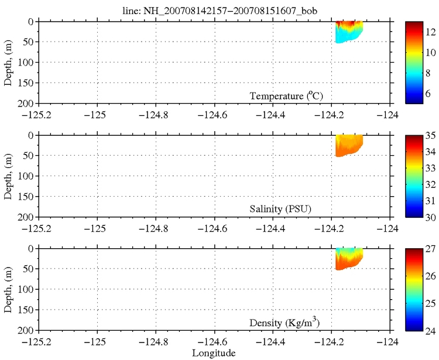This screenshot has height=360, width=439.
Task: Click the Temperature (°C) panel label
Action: (x=286, y=95)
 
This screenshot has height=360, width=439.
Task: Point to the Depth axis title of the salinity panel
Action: (x=8, y=176)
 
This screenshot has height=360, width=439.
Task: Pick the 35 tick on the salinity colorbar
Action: (x=430, y=136)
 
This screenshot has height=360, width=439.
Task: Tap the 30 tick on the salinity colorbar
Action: (x=430, y=217)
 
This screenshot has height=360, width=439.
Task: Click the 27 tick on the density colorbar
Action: (x=430, y=249)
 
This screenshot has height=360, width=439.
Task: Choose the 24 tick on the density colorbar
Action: (x=430, y=331)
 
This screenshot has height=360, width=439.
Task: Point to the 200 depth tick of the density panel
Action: (x=29, y=331)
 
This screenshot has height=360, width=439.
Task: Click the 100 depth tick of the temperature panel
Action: (x=29, y=63)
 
